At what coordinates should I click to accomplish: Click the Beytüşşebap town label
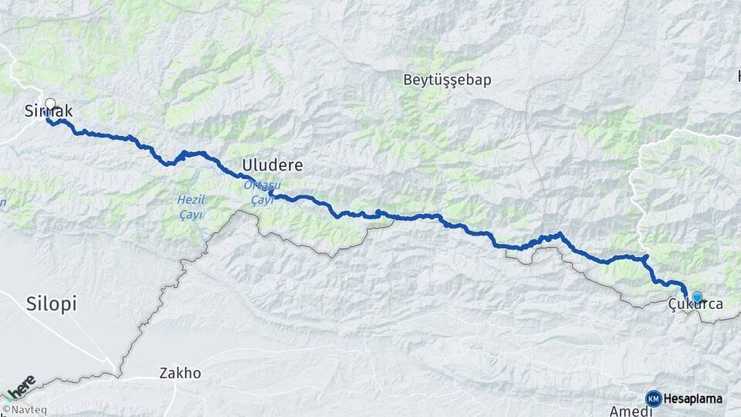coord(447,80)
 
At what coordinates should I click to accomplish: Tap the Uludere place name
coord(272,165)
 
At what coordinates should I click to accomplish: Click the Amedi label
coord(627,411)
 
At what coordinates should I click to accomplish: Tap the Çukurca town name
coord(696,305)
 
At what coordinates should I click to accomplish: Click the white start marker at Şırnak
coord(51,103)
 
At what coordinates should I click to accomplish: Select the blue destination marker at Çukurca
coord(698,297)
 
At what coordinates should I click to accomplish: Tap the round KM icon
coord(653,398)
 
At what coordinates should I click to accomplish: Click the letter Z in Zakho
coord(163,373)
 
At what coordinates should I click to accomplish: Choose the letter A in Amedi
coord(614,411)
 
